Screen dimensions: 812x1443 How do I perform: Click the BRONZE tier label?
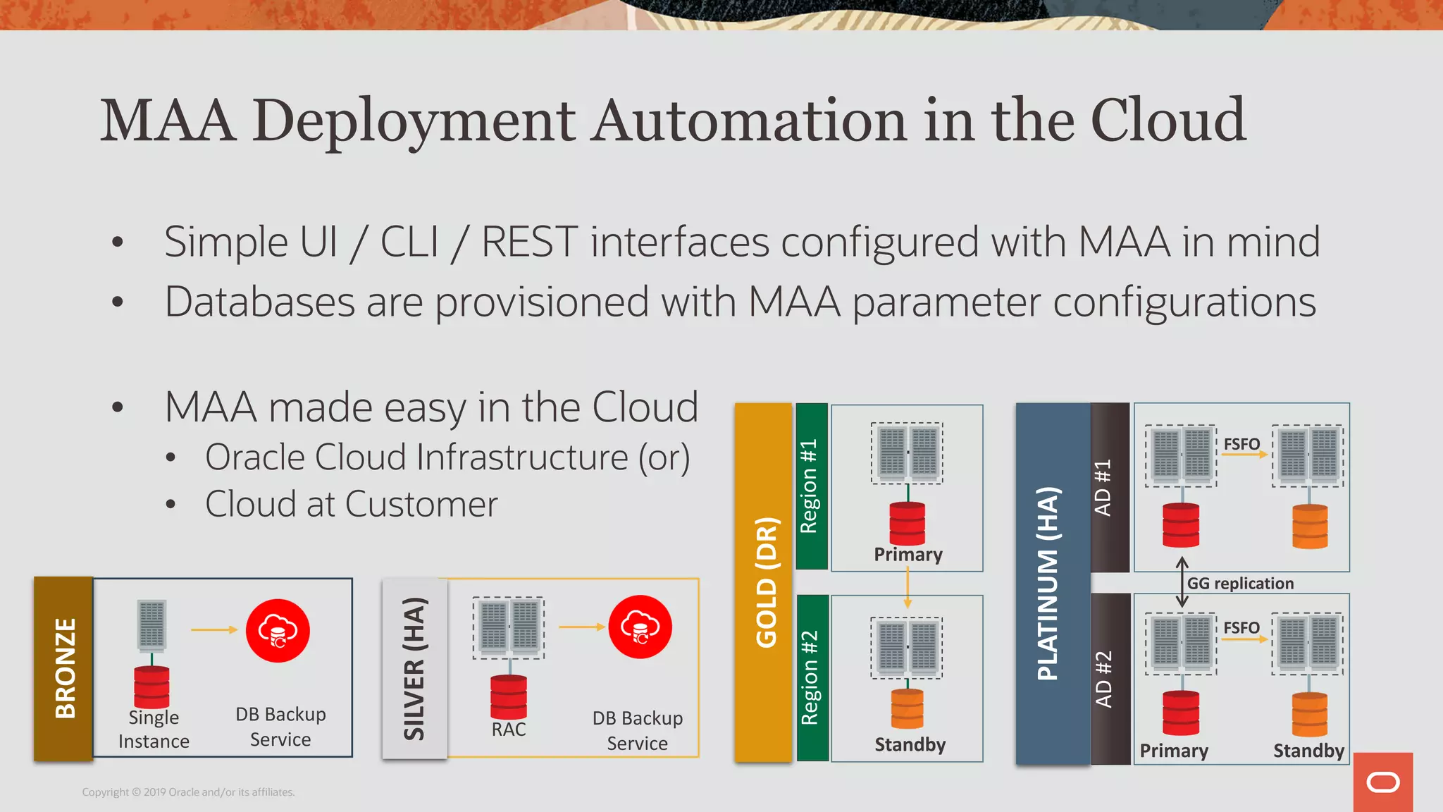[x=64, y=668]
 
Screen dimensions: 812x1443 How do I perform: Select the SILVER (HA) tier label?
[x=414, y=668]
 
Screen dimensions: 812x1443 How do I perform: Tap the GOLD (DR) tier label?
[x=765, y=582]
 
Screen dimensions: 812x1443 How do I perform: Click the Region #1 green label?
[x=810, y=486]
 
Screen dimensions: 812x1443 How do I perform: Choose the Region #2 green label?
[x=810, y=677]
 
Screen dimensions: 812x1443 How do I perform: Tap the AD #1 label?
[x=1103, y=487]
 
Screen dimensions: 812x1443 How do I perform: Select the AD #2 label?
[x=1103, y=679]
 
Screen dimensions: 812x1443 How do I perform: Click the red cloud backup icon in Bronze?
[x=278, y=630]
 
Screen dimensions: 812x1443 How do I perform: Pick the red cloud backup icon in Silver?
[x=640, y=627]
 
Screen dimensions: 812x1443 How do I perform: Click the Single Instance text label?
[x=154, y=729]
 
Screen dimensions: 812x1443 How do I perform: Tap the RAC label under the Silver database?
[x=509, y=729]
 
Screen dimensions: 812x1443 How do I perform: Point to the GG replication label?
[x=1240, y=583]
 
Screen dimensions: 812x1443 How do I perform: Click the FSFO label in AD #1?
[x=1241, y=444]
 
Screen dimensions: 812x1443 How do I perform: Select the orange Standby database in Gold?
[x=908, y=708]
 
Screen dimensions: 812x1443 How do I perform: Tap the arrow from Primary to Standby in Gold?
[x=908, y=587]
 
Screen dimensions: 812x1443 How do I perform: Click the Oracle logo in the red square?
[x=1382, y=782]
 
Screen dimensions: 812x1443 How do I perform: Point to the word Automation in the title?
[x=749, y=121]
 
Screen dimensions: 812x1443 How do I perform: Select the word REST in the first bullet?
[x=529, y=242]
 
